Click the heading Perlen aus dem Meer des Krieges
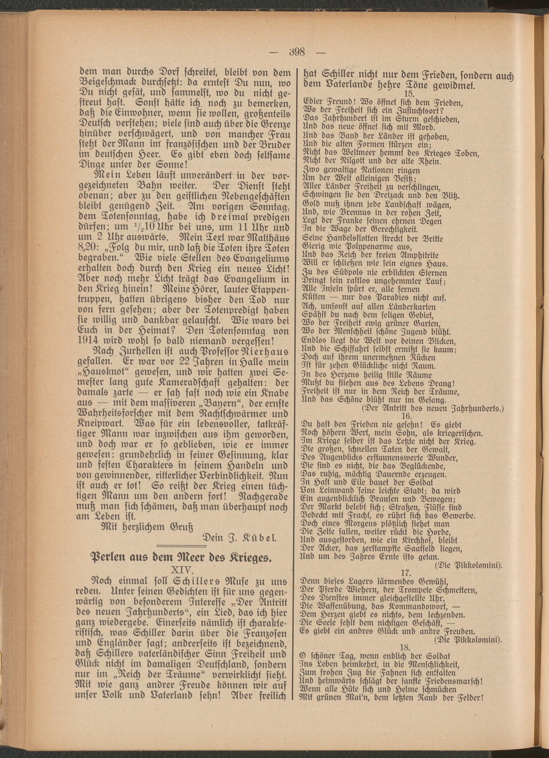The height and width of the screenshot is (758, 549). pyautogui.click(x=180, y=558)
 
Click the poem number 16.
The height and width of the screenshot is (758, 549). pyautogui.click(x=407, y=416)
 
